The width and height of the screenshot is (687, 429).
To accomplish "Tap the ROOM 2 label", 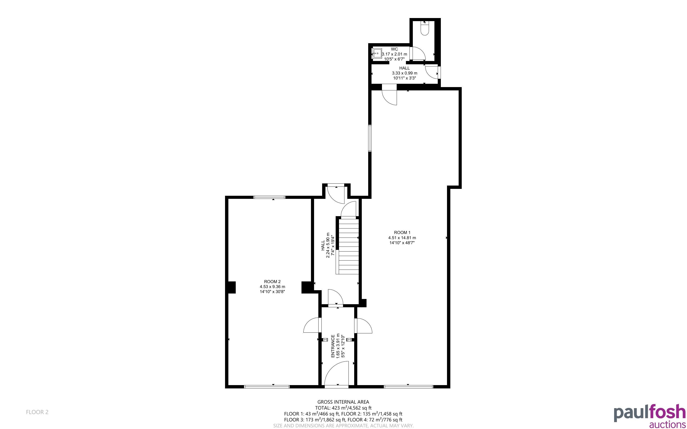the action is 272,282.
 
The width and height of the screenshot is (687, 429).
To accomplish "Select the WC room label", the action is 394,49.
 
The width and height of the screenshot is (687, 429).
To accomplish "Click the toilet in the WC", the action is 424,29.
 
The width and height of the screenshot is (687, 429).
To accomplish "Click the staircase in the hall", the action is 347,245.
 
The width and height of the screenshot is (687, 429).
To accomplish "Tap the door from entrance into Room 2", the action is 312,325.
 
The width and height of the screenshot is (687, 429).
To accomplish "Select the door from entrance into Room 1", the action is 363,325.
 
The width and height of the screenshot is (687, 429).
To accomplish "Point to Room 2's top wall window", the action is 269,197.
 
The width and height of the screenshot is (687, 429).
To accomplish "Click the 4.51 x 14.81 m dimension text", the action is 402,238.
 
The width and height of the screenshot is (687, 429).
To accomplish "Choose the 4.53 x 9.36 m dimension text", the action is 272,287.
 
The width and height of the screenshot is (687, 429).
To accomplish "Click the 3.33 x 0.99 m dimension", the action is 404,73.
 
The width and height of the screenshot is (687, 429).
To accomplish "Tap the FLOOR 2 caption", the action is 37,412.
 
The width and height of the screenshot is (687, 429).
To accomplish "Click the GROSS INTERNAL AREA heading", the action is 343,402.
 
